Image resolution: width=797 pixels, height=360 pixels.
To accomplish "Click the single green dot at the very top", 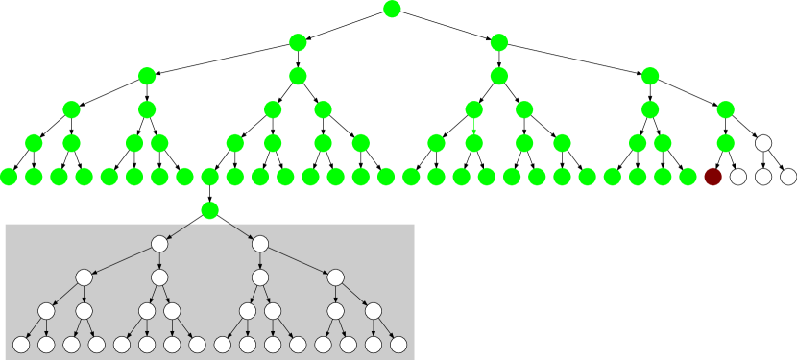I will click(392, 10).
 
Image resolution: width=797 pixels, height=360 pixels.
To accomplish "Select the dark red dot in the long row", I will click(712, 177).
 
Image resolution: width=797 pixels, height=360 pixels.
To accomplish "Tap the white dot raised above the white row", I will click(763, 143).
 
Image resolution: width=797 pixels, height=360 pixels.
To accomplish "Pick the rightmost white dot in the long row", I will click(788, 177).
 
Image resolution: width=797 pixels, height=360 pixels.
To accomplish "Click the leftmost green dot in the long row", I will click(9, 177).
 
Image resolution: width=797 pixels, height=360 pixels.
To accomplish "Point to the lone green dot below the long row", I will click(209, 210).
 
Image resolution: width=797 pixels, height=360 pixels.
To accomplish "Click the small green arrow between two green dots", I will click(473, 127).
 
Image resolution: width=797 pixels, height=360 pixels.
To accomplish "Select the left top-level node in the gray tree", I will click(159, 244).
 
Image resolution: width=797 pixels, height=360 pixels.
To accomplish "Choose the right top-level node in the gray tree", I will click(260, 244).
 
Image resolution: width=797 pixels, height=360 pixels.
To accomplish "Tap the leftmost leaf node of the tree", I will click(21, 345).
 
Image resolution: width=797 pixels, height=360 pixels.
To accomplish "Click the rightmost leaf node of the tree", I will click(398, 345).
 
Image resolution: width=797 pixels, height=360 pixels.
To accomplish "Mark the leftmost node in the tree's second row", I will click(85, 277).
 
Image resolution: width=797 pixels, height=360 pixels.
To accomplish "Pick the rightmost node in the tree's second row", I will click(335, 277).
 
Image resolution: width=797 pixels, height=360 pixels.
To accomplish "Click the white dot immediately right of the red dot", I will click(737, 177).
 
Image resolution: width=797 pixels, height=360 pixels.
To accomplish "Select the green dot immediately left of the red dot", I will click(688, 177).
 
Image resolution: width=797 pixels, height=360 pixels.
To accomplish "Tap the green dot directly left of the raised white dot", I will click(726, 143).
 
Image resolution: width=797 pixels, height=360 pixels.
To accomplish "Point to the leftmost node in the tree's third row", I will click(46, 311).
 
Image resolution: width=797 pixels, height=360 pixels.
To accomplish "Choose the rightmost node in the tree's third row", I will click(374, 311).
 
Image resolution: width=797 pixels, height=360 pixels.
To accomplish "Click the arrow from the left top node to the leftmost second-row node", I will click(122, 260).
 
